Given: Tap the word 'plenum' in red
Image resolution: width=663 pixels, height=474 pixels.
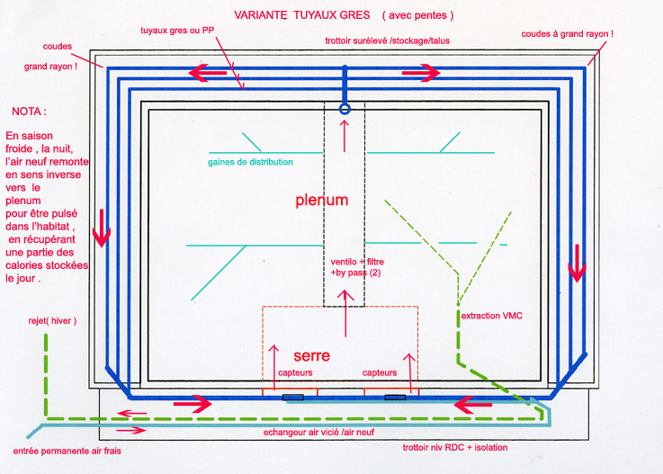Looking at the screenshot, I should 322,201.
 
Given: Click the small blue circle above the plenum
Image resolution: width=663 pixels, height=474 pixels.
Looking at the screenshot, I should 345,109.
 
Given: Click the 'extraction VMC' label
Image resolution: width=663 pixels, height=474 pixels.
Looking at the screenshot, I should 491,317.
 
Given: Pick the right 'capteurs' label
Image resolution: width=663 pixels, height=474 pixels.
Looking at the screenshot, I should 380,372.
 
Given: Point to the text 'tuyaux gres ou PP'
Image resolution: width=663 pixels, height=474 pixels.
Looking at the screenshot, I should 177,31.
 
